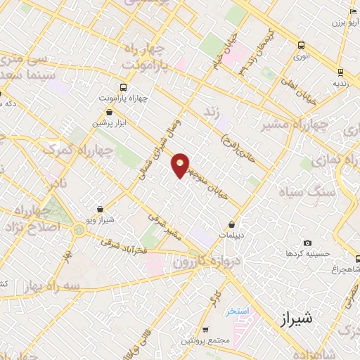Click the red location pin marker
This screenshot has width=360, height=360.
181,165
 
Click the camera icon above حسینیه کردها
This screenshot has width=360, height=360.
307,243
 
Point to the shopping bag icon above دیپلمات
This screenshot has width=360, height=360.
231,225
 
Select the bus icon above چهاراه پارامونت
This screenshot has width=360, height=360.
123,88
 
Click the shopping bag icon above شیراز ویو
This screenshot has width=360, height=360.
103,210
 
